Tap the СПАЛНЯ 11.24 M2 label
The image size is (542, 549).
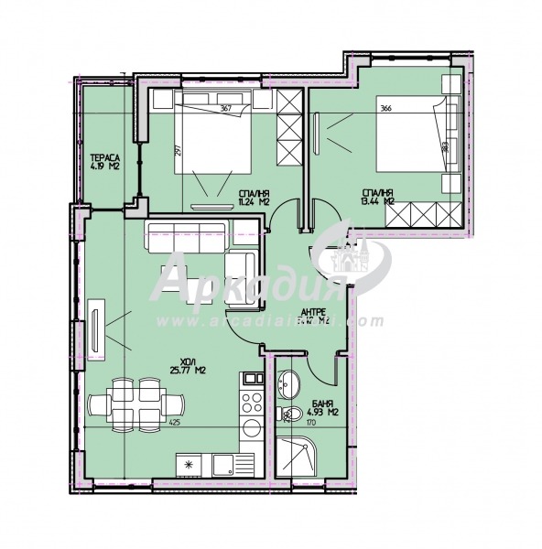(254, 199)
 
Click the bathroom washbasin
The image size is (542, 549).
(290, 384)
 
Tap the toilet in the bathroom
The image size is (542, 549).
(291, 416)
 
